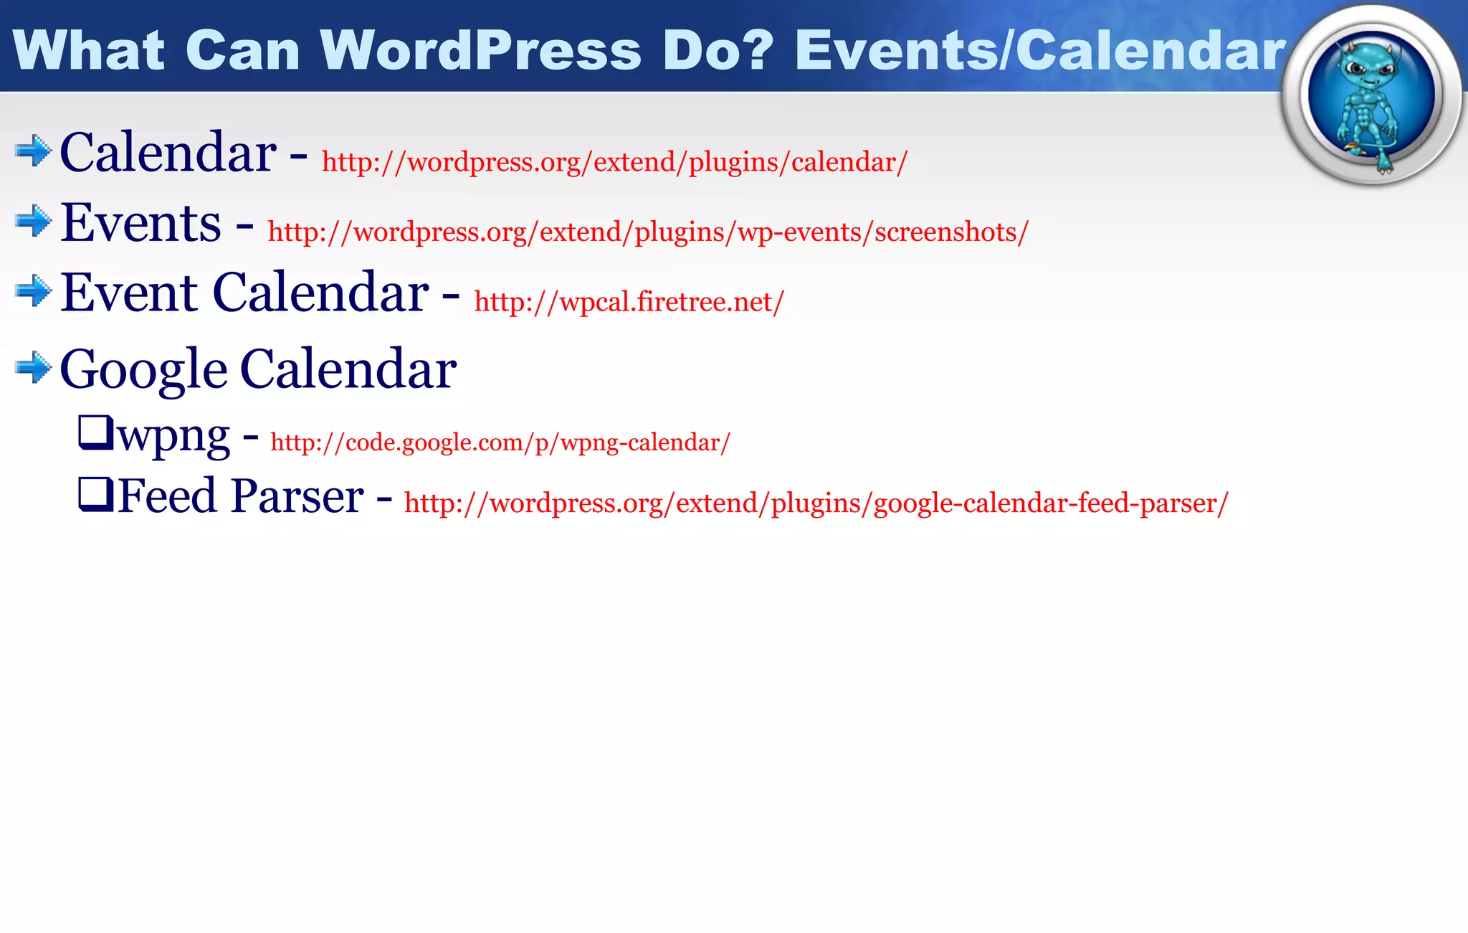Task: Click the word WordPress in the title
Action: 480,50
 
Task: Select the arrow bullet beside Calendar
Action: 33,151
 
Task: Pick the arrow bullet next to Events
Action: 33,221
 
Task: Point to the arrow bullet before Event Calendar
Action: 33,291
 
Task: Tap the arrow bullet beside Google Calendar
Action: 33,368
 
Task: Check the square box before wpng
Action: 95,432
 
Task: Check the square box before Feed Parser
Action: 95,495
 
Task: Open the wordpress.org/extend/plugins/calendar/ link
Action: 614,162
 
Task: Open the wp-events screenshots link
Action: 648,232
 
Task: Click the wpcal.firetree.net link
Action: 629,302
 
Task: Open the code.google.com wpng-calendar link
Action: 500,442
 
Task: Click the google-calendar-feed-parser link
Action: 816,503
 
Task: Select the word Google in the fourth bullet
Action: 143,369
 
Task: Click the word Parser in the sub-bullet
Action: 297,496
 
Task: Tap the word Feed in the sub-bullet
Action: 166,496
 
